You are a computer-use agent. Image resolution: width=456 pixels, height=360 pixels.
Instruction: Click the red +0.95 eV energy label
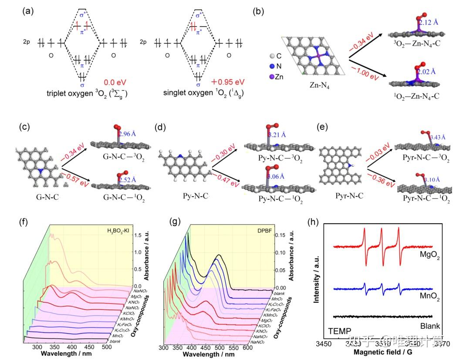[x=227, y=82]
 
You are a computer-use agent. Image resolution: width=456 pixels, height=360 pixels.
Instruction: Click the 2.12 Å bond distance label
[x=429, y=22]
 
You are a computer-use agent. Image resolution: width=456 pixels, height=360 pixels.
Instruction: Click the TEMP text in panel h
[x=340, y=331]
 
